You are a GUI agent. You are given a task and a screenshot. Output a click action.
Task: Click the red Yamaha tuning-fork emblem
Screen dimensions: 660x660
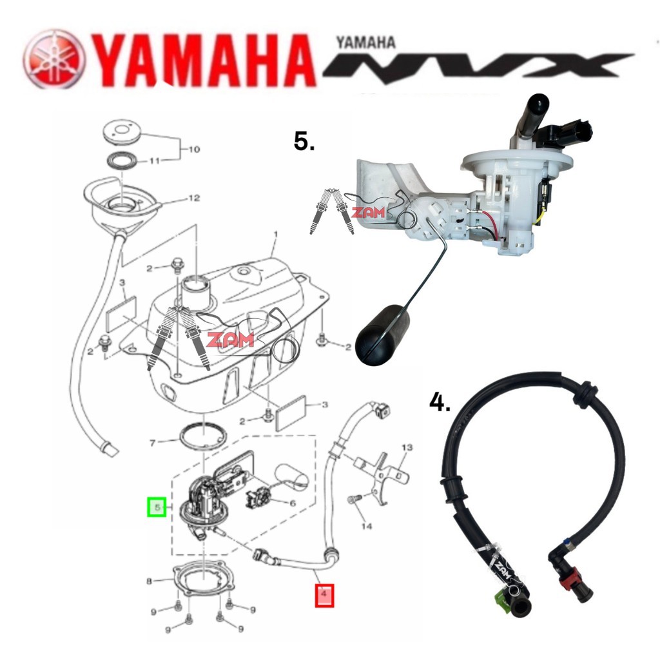(54, 59)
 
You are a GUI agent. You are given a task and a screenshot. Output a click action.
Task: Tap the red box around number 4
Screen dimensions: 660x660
(324, 594)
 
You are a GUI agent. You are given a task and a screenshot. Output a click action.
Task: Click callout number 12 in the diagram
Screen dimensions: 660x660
(194, 199)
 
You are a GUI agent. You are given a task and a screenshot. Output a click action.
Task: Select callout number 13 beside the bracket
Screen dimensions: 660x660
(407, 447)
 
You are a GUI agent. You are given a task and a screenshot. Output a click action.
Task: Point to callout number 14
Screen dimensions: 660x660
(367, 527)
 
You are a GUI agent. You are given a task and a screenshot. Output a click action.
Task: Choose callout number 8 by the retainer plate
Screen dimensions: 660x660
(150, 581)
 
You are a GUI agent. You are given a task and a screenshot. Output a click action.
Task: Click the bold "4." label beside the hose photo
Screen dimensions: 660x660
(440, 403)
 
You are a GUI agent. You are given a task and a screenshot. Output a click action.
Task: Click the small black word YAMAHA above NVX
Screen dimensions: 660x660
(365, 43)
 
